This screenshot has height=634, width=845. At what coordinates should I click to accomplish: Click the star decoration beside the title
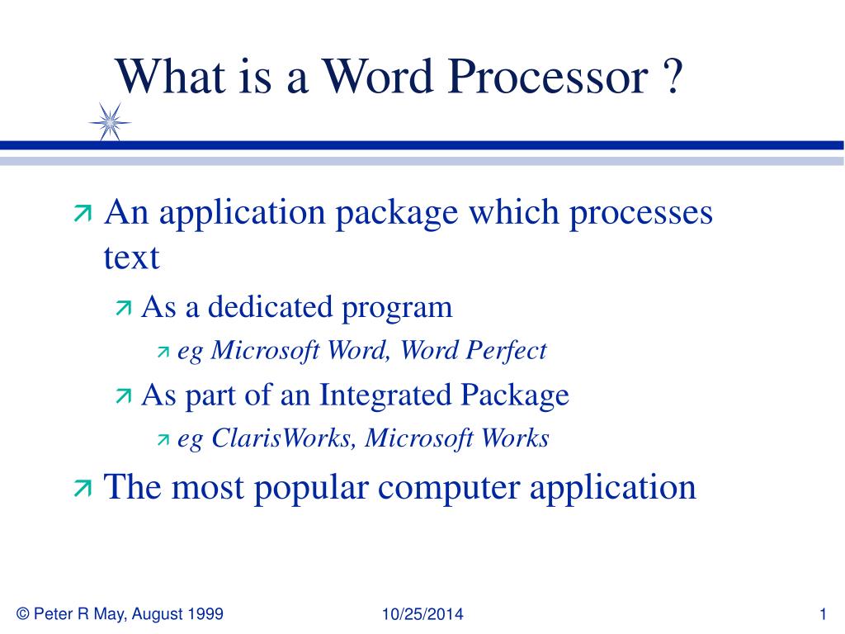110,122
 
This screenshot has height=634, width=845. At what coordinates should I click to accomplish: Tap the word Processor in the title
548,77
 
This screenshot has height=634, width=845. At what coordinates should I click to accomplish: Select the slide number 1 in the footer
823,613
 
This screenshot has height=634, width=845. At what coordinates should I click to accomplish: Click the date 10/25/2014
422,613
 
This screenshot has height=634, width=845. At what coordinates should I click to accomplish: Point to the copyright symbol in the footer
22,613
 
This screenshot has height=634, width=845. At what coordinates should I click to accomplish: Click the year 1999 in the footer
205,613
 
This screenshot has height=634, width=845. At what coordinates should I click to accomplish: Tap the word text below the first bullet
131,258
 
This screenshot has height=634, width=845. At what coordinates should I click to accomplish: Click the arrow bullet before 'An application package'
83,214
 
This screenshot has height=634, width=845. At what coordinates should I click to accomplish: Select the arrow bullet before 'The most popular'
83,488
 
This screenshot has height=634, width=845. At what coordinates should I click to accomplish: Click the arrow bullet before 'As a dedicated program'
124,309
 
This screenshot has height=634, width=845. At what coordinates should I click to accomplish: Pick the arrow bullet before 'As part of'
124,396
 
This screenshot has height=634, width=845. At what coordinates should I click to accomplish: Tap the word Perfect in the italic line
507,350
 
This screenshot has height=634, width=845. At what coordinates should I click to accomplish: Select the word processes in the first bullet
641,214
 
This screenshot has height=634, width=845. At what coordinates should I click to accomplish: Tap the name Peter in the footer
54,613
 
